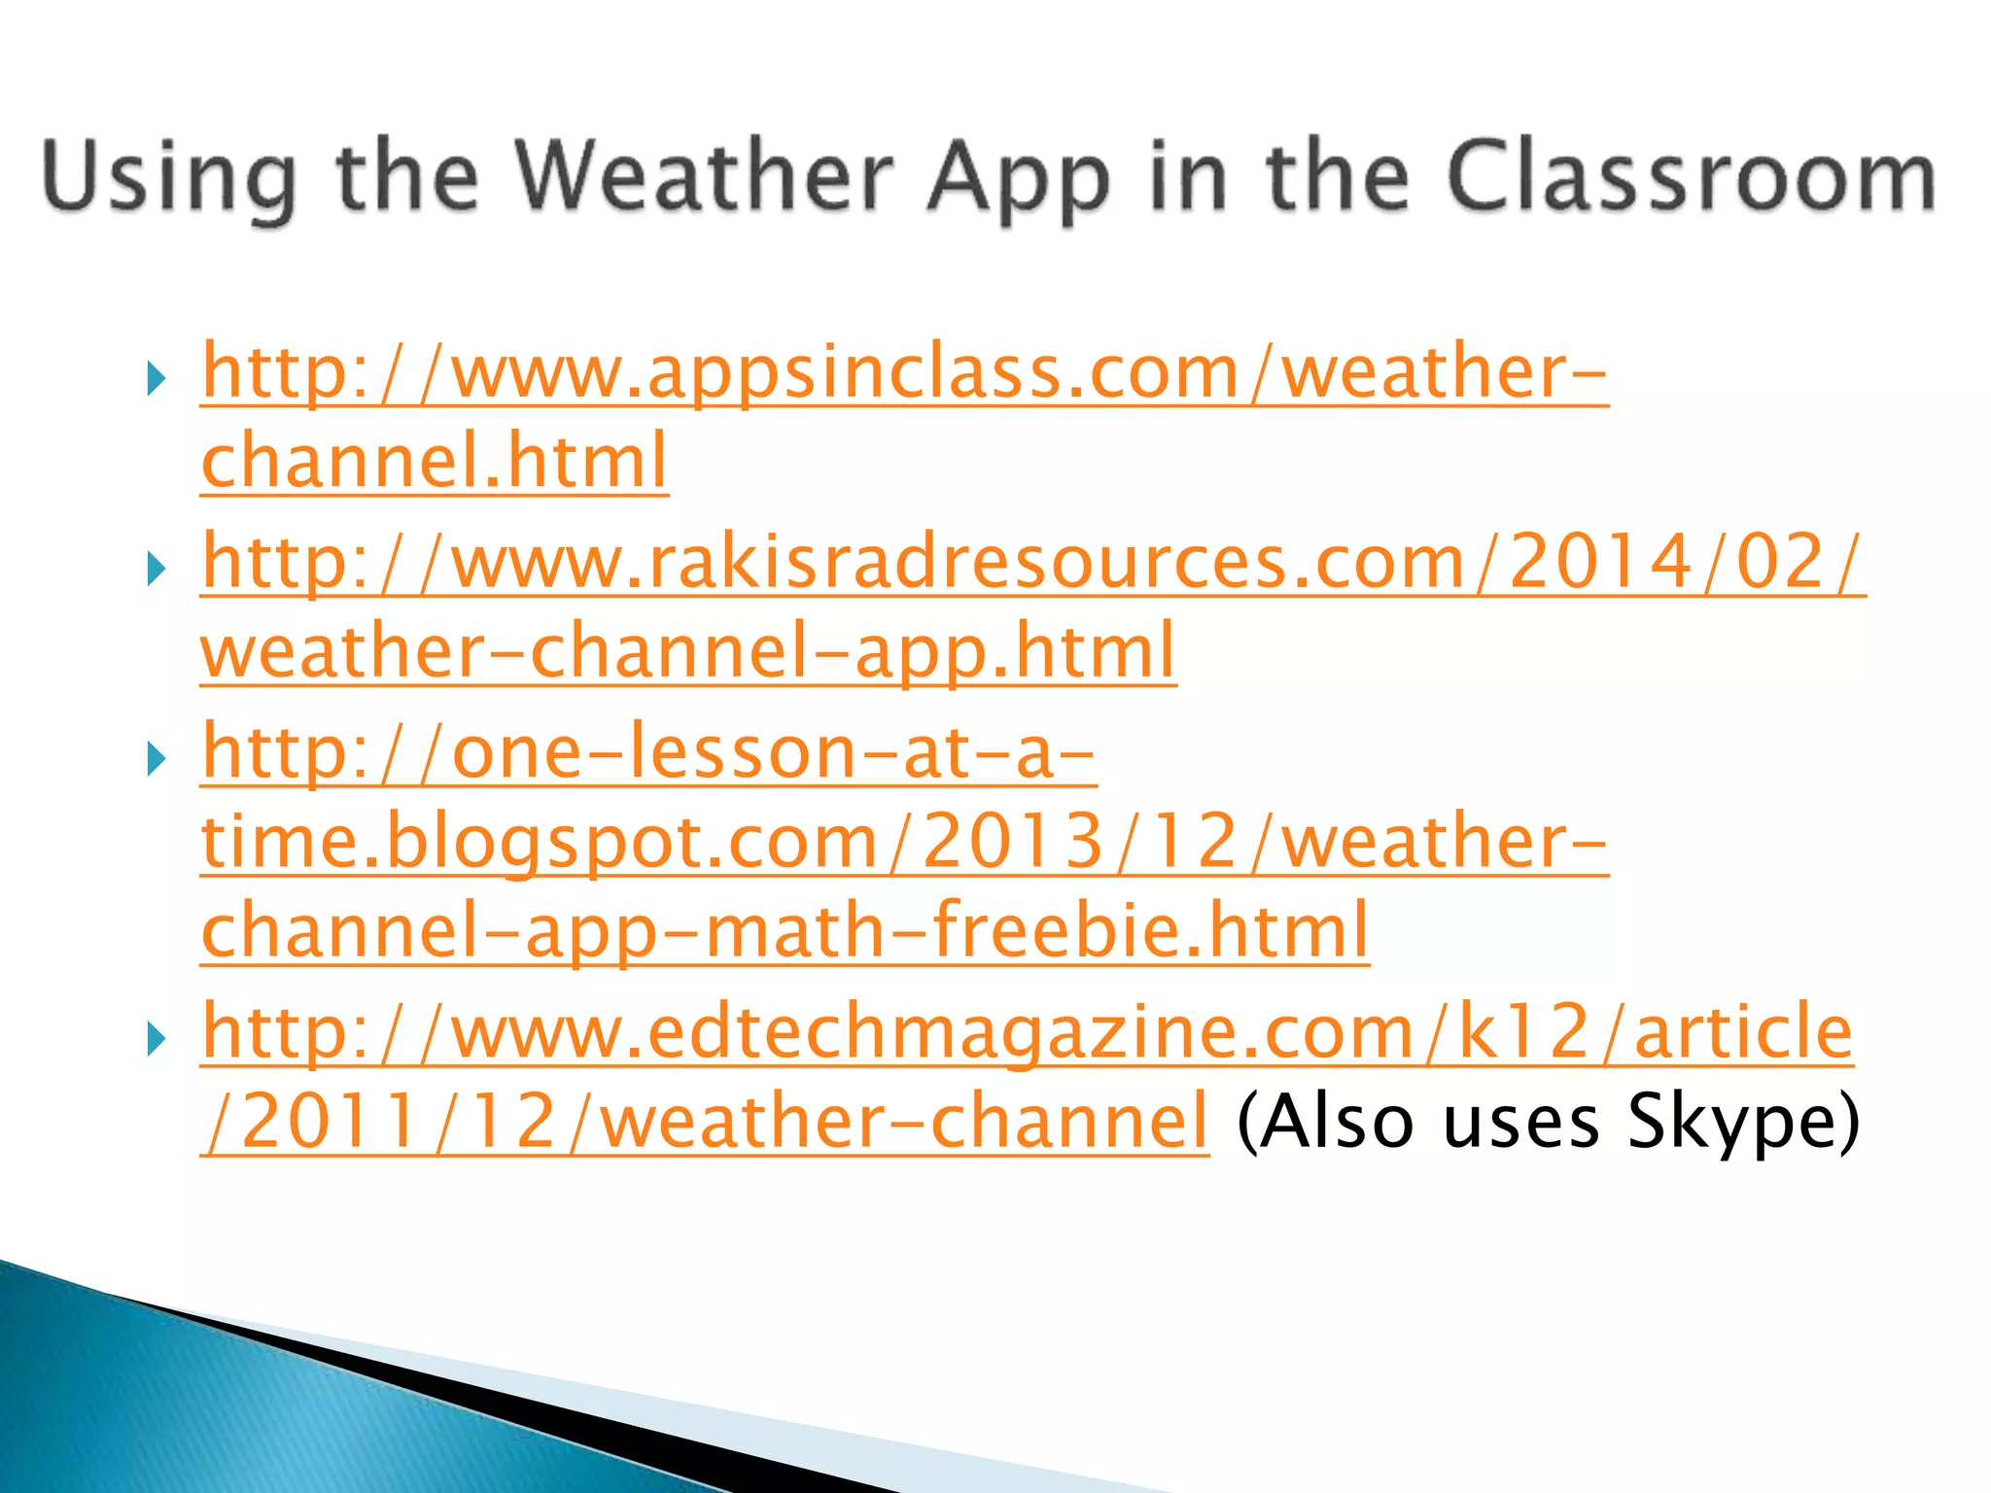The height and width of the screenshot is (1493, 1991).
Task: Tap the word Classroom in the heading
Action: pyautogui.click(x=1692, y=177)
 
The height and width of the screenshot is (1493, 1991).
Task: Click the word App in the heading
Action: pyautogui.click(x=1018, y=177)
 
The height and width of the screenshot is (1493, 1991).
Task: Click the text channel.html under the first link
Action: pyautogui.click(x=435, y=462)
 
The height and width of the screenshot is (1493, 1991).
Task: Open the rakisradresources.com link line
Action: pyautogui.click(x=1032, y=563)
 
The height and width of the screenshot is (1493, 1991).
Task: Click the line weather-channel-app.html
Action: pyautogui.click(x=688, y=652)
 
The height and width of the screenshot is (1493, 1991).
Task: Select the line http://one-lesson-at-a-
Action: pyautogui.click(x=648, y=753)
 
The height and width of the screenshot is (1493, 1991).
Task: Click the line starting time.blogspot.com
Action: pyautogui.click(x=904, y=842)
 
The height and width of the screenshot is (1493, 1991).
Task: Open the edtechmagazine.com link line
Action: pyautogui.click(x=1027, y=1032)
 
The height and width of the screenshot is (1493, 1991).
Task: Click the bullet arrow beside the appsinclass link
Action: pyautogui.click(x=156, y=378)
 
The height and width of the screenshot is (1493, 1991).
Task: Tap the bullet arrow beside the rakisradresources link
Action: pyautogui.click(x=156, y=569)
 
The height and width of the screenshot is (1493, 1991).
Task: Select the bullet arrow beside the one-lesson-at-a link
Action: pyautogui.click(x=156, y=759)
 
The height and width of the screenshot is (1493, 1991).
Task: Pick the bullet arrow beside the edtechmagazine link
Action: pyautogui.click(x=156, y=1039)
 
